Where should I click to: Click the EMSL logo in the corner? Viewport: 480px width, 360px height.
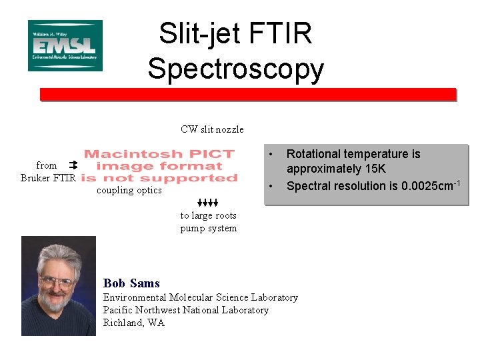pos(65,45)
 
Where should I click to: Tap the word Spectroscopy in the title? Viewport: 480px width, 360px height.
pos(236,68)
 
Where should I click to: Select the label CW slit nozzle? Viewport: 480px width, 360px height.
pos(212,129)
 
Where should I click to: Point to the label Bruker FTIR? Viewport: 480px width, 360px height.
pos(48,177)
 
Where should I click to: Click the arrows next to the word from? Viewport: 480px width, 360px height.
pos(73,164)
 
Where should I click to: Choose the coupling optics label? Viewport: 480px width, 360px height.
pos(129,191)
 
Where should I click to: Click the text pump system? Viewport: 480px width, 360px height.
pos(208,228)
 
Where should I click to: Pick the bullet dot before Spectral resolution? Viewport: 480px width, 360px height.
pos(271,185)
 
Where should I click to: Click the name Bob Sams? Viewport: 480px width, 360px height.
pos(131,283)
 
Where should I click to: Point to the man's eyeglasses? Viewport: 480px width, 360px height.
pos(57,281)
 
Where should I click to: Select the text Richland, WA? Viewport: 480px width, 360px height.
pos(133,323)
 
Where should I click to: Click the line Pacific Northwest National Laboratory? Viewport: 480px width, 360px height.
pos(185,310)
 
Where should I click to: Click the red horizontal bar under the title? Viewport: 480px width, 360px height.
pos(247,95)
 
